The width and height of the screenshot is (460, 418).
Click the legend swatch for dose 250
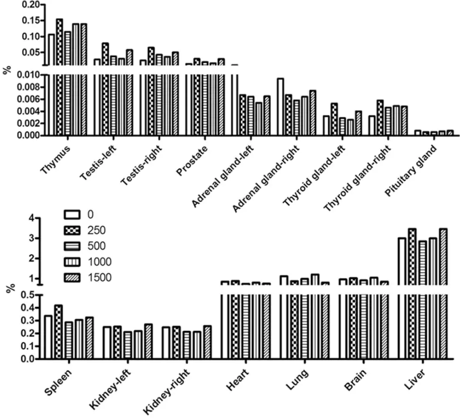click(73, 230)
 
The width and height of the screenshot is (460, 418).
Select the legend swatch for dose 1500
click(73, 277)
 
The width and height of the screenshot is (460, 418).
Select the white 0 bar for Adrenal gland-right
click(280, 107)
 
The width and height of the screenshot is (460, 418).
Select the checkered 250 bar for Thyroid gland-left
click(334, 119)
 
